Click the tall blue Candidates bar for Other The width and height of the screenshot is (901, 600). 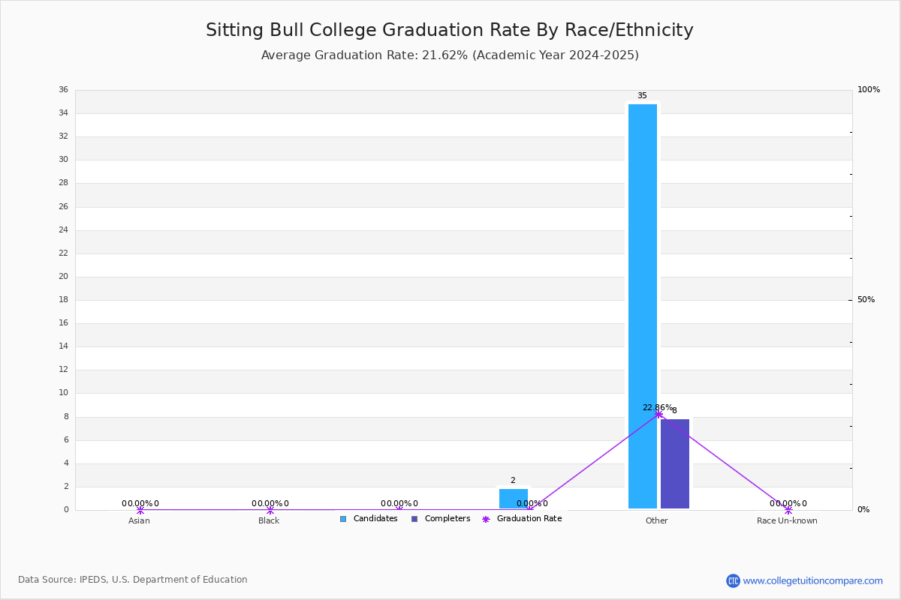(x=643, y=306)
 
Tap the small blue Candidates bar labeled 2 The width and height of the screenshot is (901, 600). (x=514, y=499)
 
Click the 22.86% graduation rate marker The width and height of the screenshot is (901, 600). (x=658, y=414)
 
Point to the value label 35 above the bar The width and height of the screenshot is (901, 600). (x=642, y=96)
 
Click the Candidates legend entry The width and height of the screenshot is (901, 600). (x=369, y=519)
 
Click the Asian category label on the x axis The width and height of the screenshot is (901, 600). (x=139, y=520)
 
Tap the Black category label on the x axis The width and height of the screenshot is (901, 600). (x=269, y=520)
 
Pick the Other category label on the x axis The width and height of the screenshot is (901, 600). (x=656, y=520)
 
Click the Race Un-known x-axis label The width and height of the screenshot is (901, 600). (x=787, y=520)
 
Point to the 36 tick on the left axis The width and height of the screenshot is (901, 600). (x=63, y=90)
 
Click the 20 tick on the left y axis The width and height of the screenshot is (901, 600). (x=63, y=277)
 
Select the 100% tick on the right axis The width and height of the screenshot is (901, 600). (x=869, y=90)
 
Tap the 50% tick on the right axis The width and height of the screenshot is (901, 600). (x=866, y=300)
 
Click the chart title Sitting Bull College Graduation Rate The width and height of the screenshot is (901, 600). (x=450, y=30)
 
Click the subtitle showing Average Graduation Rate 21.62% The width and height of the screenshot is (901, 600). (x=450, y=55)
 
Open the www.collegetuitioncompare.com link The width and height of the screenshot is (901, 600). (x=812, y=580)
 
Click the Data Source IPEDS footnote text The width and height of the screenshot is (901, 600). (x=133, y=580)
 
